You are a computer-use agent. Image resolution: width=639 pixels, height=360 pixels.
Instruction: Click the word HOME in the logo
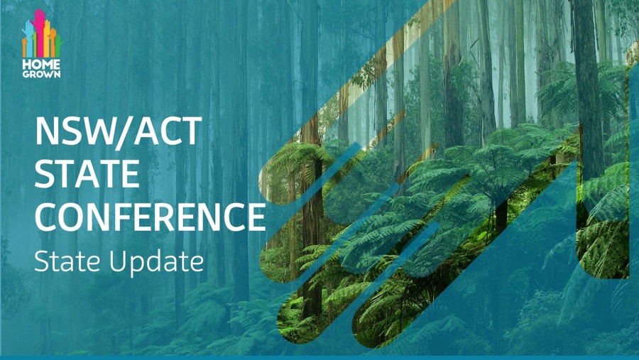42,65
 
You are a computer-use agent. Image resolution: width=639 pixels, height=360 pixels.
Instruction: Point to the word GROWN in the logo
42,75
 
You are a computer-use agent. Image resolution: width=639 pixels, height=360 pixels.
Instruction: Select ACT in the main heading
168,131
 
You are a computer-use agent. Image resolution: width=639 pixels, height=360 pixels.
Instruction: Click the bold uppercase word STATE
87,174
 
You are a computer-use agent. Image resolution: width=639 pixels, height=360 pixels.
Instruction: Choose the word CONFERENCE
151,217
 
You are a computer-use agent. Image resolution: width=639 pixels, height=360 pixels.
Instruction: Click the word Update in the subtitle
155,263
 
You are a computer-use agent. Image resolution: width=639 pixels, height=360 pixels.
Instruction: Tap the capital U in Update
117,261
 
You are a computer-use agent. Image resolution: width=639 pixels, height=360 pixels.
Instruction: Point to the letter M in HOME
48,65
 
